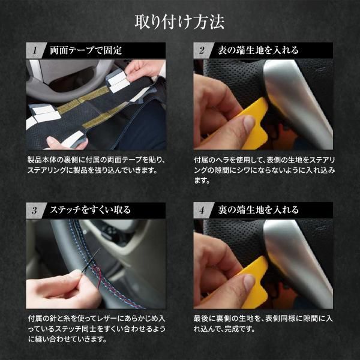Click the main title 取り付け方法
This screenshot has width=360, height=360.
click(180, 23)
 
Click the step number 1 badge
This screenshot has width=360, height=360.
click(36, 49)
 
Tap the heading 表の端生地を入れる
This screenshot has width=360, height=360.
click(258, 49)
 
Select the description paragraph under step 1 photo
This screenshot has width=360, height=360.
click(96, 165)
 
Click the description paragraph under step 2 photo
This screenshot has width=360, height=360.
click(264, 170)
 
